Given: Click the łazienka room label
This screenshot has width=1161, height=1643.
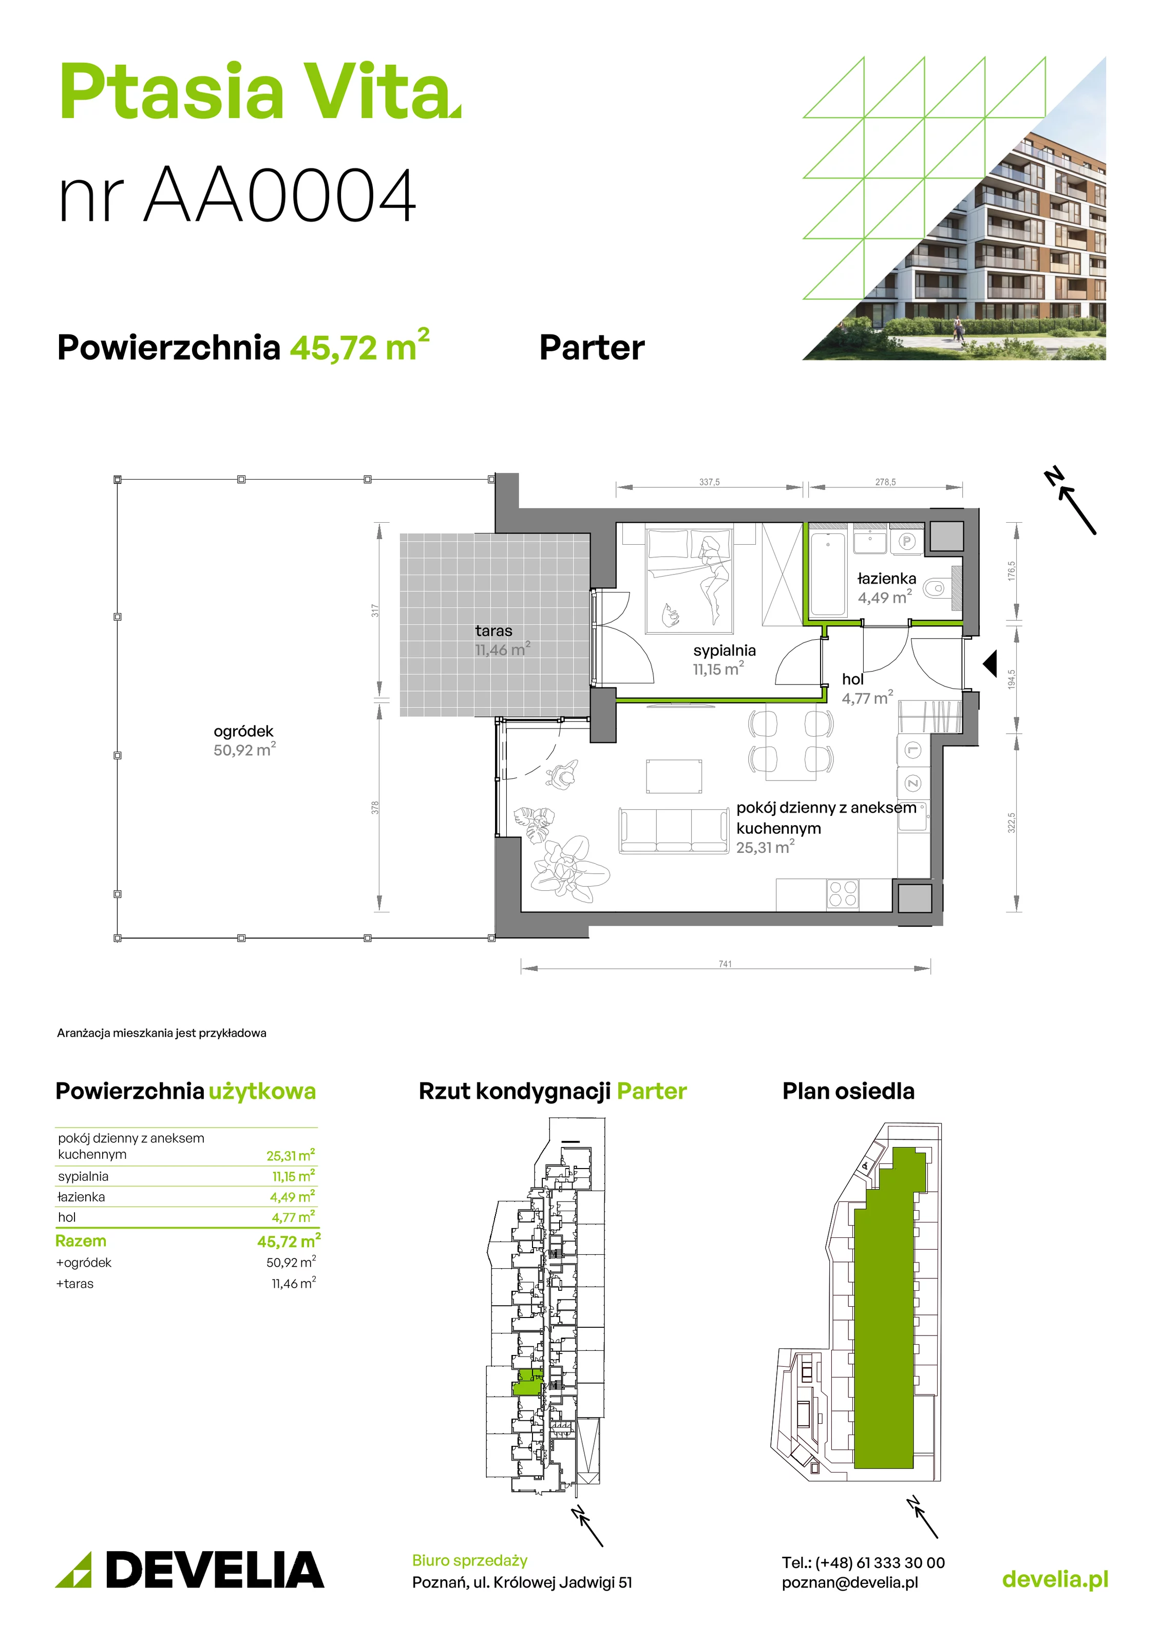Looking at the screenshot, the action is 886,578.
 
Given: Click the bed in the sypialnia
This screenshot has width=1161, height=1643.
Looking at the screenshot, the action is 689,581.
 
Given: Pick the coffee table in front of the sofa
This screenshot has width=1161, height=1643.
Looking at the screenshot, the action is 674,776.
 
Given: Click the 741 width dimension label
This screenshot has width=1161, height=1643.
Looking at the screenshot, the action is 725,964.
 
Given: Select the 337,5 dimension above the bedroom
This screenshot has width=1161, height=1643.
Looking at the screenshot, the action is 709,482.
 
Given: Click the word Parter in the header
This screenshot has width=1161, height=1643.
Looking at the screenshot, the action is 592,348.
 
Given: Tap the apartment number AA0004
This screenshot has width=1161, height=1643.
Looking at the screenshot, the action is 279,195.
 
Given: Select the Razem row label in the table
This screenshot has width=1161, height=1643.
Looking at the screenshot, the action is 81,1241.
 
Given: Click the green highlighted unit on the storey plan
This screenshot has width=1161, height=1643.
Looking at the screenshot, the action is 527,1382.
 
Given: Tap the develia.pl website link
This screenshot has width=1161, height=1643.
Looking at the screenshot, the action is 1055,1579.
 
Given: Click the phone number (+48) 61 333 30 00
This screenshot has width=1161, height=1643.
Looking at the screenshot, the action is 880,1563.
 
